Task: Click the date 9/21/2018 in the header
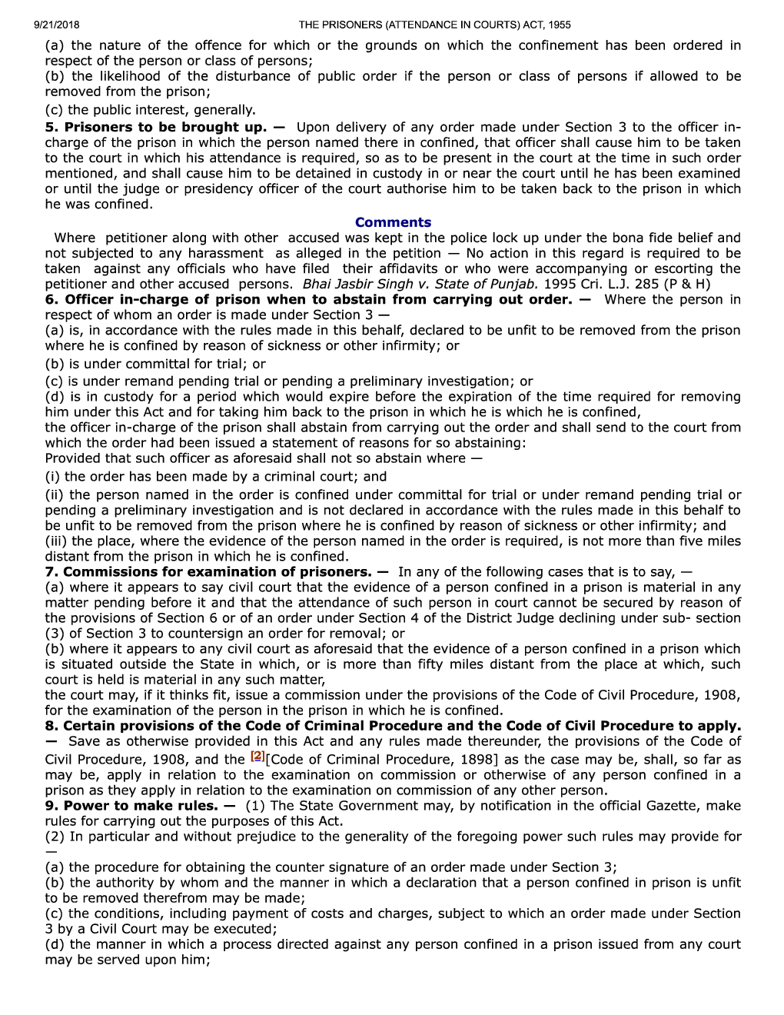[57, 25]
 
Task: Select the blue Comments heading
[393, 222]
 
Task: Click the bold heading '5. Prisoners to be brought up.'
[156, 127]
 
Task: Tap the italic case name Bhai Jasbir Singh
[357, 284]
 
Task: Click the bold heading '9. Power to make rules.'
[134, 805]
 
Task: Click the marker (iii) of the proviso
[56, 541]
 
